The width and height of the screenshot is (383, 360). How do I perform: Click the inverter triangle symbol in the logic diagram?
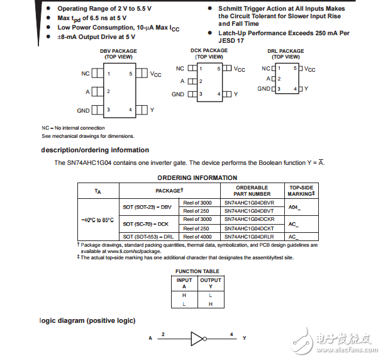(197, 338)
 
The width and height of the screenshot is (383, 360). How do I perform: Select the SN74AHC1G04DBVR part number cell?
(249, 203)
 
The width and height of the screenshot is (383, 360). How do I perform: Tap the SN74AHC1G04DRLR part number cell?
(249, 237)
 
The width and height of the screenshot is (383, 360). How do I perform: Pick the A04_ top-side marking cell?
(294, 206)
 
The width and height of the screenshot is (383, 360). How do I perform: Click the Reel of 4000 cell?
(196, 237)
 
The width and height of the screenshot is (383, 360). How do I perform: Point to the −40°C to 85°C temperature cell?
(97, 220)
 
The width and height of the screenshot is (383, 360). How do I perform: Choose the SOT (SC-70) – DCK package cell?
(145, 223)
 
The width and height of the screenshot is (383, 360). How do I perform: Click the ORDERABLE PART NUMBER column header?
(252, 191)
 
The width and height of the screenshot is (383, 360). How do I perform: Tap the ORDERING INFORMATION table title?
(197, 178)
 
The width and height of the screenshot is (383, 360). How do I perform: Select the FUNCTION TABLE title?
(197, 271)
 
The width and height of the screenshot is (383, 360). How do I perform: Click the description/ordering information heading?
(95, 150)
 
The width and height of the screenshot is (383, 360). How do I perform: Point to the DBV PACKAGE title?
(117, 52)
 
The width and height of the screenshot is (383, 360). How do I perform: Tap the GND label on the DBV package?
(84, 111)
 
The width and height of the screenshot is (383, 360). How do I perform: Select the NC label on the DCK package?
(180, 69)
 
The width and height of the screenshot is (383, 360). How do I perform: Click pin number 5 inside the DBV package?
(130, 74)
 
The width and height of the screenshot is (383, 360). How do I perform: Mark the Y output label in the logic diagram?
(244, 338)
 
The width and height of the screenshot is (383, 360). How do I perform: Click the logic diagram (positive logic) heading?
(88, 320)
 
